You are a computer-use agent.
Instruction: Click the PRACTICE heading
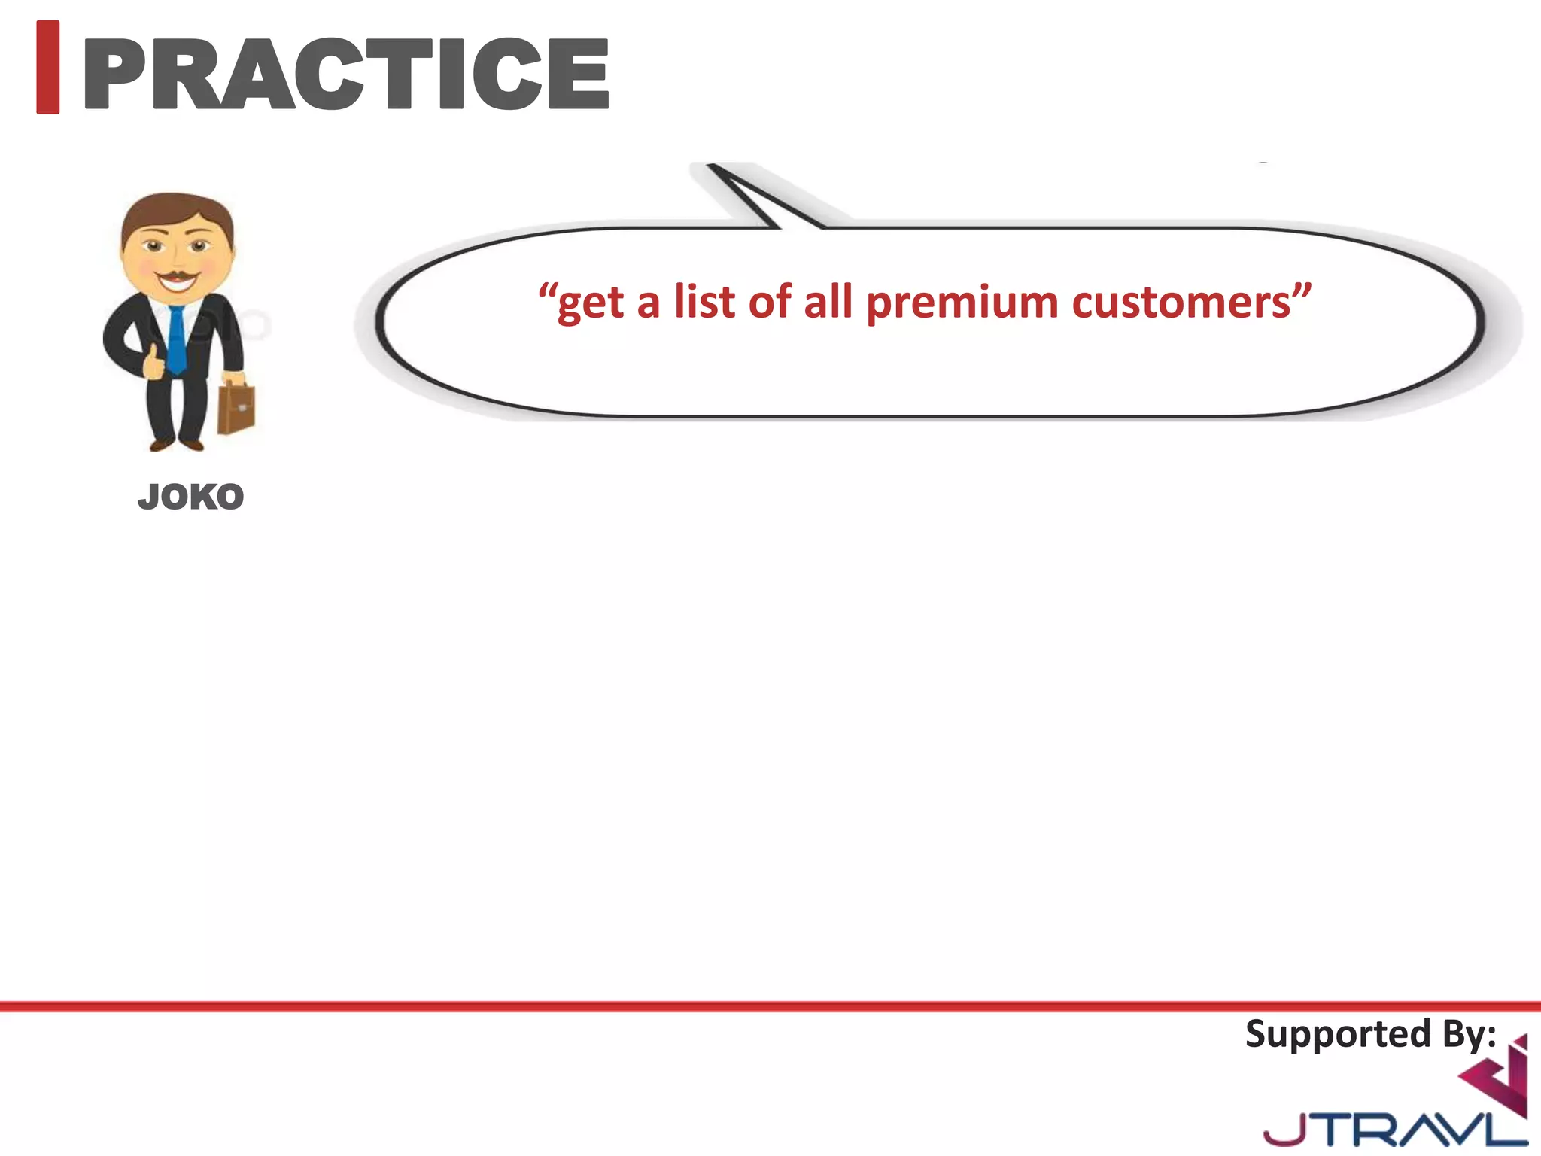point(346,73)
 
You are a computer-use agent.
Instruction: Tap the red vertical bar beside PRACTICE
point(47,67)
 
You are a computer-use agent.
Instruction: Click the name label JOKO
point(190,497)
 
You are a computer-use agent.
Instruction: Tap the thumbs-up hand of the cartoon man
point(153,363)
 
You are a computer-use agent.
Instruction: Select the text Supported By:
point(1369,1034)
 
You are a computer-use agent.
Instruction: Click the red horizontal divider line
point(770,1005)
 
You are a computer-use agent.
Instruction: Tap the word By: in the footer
point(1468,1034)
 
